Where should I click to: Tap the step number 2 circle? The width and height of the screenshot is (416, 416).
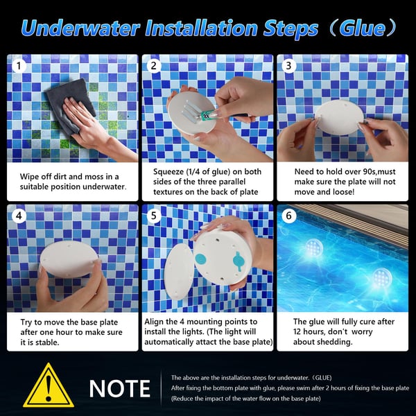point(154,67)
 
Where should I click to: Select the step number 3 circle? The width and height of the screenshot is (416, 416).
point(289,67)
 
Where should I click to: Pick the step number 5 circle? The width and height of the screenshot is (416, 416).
point(154,216)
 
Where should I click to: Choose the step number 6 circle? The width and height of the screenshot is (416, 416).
point(290,216)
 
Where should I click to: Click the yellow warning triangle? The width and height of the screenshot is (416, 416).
point(48,385)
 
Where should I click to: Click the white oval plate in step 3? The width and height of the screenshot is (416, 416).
point(340,114)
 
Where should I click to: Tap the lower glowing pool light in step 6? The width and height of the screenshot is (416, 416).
point(381,277)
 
